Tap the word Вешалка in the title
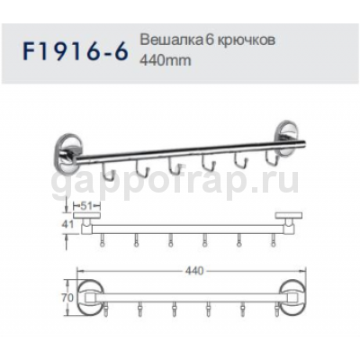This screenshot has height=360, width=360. tap(166, 42)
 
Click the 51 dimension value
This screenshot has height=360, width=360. tap(88, 205)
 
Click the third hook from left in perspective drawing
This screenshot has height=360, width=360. tap(172, 165)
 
